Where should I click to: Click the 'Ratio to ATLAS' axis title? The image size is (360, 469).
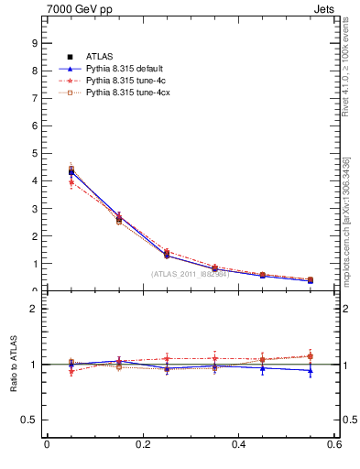coord(13,365)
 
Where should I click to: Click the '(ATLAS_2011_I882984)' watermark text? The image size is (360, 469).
coord(190,273)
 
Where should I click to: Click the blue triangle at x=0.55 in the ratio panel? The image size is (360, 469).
coord(311,370)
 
